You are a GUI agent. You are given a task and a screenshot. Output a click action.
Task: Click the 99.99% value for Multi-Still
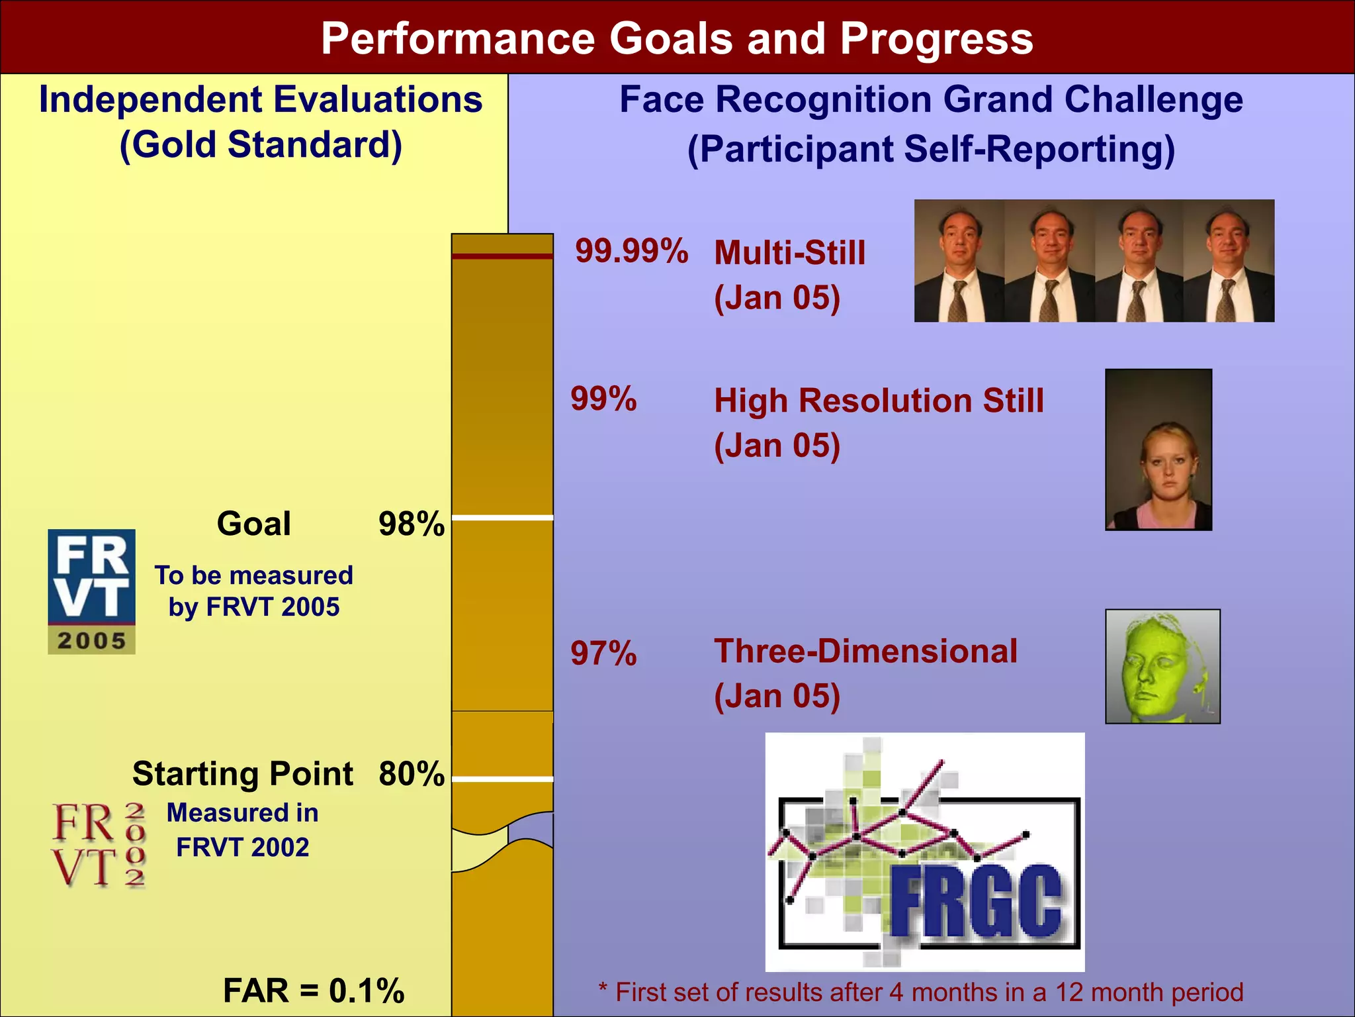631,252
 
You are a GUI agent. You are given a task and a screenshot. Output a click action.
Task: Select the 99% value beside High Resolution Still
603,399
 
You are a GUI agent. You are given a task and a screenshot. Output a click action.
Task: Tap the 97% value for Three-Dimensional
603,654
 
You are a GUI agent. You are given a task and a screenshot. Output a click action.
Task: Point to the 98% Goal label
411,524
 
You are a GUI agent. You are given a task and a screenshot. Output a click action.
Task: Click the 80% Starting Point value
411,773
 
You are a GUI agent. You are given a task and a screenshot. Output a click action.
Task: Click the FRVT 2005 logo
91,591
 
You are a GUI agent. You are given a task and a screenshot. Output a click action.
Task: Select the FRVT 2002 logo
99,844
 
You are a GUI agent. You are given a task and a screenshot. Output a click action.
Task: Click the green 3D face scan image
1162,666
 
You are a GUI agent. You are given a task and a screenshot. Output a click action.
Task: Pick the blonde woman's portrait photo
1158,450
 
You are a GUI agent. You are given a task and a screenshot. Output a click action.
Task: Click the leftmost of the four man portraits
959,261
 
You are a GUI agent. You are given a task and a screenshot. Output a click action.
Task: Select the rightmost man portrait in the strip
1229,261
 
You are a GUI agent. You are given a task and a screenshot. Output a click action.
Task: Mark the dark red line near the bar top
502,256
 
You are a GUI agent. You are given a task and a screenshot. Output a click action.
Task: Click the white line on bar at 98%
502,518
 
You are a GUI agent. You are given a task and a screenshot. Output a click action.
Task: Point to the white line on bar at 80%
502,779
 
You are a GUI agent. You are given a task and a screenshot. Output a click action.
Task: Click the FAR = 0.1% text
314,991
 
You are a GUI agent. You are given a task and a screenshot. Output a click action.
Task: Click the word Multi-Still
789,253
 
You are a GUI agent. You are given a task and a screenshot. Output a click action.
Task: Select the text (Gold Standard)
261,145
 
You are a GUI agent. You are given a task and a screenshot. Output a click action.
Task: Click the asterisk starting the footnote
603,989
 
